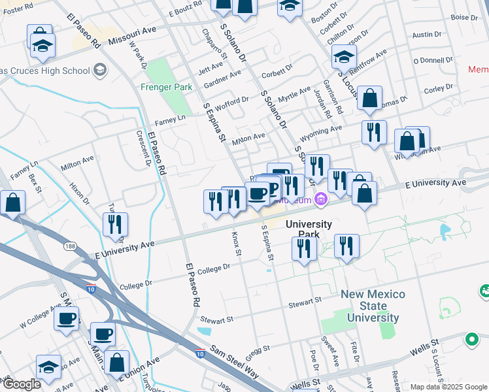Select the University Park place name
click(310, 229)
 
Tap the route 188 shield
click(71, 246)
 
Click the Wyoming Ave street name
click(321, 134)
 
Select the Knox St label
click(237, 242)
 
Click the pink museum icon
click(320, 199)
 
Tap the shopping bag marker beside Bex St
click(13, 203)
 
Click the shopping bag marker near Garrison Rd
click(369, 99)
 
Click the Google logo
click(21, 384)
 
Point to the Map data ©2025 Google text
click(448, 386)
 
